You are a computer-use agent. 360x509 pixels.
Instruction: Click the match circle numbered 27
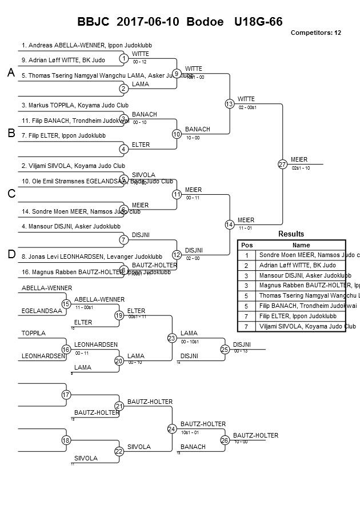pos(282,164)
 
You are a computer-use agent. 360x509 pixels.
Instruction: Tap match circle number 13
pos(229,103)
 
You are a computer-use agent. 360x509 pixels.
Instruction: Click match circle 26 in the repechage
pos(225,440)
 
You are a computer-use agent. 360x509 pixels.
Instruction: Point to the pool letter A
pos(10,73)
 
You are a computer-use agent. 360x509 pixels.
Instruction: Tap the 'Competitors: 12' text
pos(315,33)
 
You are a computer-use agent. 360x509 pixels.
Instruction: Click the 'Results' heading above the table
pos(291,234)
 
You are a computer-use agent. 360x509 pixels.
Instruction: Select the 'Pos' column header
pos(246,245)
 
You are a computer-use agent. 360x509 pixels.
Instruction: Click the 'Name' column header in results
pos(301,245)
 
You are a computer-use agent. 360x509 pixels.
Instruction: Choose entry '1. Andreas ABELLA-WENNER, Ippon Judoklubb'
pos(87,45)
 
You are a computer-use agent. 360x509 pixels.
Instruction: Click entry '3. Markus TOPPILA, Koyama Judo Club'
pos(75,105)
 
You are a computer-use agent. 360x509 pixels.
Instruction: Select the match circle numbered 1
pos(123,58)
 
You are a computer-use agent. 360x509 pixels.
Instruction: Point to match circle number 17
pos(66,395)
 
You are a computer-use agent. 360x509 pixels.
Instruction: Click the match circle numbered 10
pos(177,134)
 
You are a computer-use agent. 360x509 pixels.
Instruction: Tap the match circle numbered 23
pos(171,338)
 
